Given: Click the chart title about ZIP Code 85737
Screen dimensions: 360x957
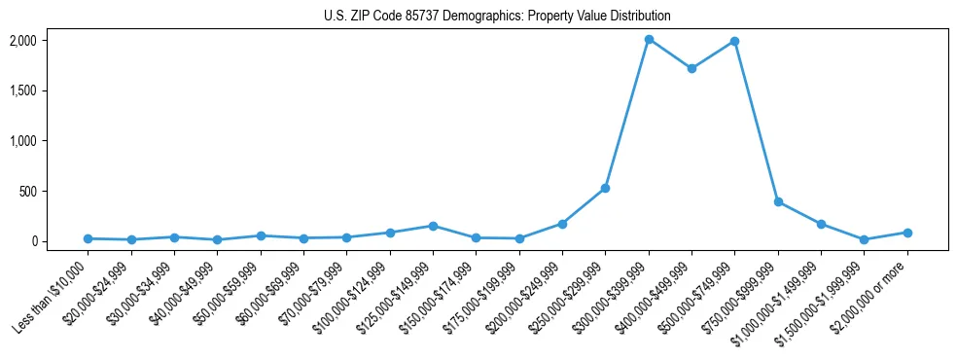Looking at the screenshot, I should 497,17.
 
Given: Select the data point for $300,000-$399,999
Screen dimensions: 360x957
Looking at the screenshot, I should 649,40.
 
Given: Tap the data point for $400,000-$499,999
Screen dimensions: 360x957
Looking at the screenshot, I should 691,69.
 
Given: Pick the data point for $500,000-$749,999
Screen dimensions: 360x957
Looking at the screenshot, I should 734,42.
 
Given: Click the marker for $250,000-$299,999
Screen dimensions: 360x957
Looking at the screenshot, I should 605,188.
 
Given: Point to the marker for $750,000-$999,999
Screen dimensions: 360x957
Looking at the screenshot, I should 778,201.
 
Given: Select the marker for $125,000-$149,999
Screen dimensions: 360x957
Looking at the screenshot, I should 433,226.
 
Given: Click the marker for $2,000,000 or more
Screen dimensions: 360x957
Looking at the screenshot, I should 907,233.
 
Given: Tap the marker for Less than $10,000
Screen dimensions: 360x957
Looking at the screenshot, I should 88,238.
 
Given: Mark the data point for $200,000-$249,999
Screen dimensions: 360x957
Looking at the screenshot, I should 562,224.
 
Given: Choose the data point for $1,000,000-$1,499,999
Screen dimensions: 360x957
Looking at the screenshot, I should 821,224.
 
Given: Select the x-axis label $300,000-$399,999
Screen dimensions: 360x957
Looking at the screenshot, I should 610,292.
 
